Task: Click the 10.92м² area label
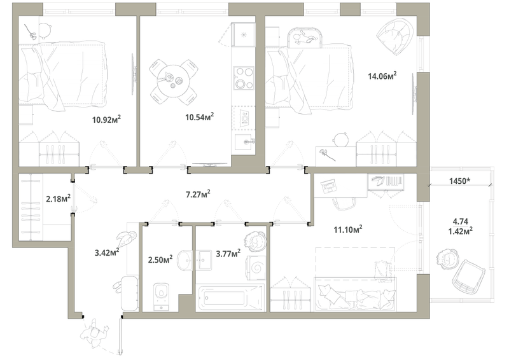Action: click(x=106, y=120)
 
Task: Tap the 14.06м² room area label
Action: click(x=382, y=76)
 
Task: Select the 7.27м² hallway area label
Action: click(x=198, y=194)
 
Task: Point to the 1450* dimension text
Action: click(x=460, y=181)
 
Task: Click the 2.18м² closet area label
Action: click(x=59, y=198)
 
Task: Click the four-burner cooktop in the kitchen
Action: click(x=244, y=78)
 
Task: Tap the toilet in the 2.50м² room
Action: click(x=162, y=296)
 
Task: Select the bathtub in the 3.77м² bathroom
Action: click(x=230, y=297)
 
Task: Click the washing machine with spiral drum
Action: click(x=256, y=267)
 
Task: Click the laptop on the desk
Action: click(x=329, y=186)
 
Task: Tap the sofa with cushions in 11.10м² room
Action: click(x=356, y=294)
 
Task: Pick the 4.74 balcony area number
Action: click(x=460, y=221)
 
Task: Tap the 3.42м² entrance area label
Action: click(x=107, y=252)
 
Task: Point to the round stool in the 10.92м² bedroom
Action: click(x=45, y=30)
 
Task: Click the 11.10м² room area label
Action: click(x=348, y=230)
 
